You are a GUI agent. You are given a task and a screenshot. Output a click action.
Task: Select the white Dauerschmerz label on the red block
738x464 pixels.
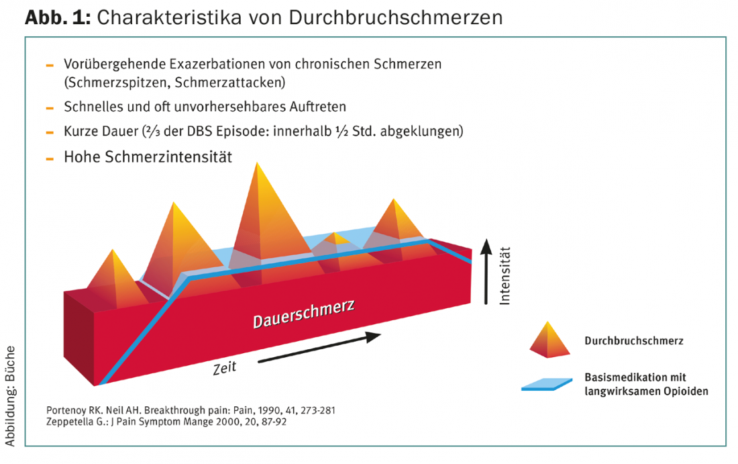click(x=303, y=314)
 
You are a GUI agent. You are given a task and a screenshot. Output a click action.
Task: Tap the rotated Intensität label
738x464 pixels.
click(x=505, y=276)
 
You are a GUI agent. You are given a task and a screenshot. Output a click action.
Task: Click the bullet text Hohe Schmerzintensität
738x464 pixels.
click(x=148, y=157)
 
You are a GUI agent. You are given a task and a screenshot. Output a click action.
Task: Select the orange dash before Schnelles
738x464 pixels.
click(x=49, y=108)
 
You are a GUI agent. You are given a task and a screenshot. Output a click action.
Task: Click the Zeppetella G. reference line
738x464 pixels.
click(x=166, y=422)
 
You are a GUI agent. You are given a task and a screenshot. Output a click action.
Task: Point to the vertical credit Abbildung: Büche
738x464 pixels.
click(x=11, y=396)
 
